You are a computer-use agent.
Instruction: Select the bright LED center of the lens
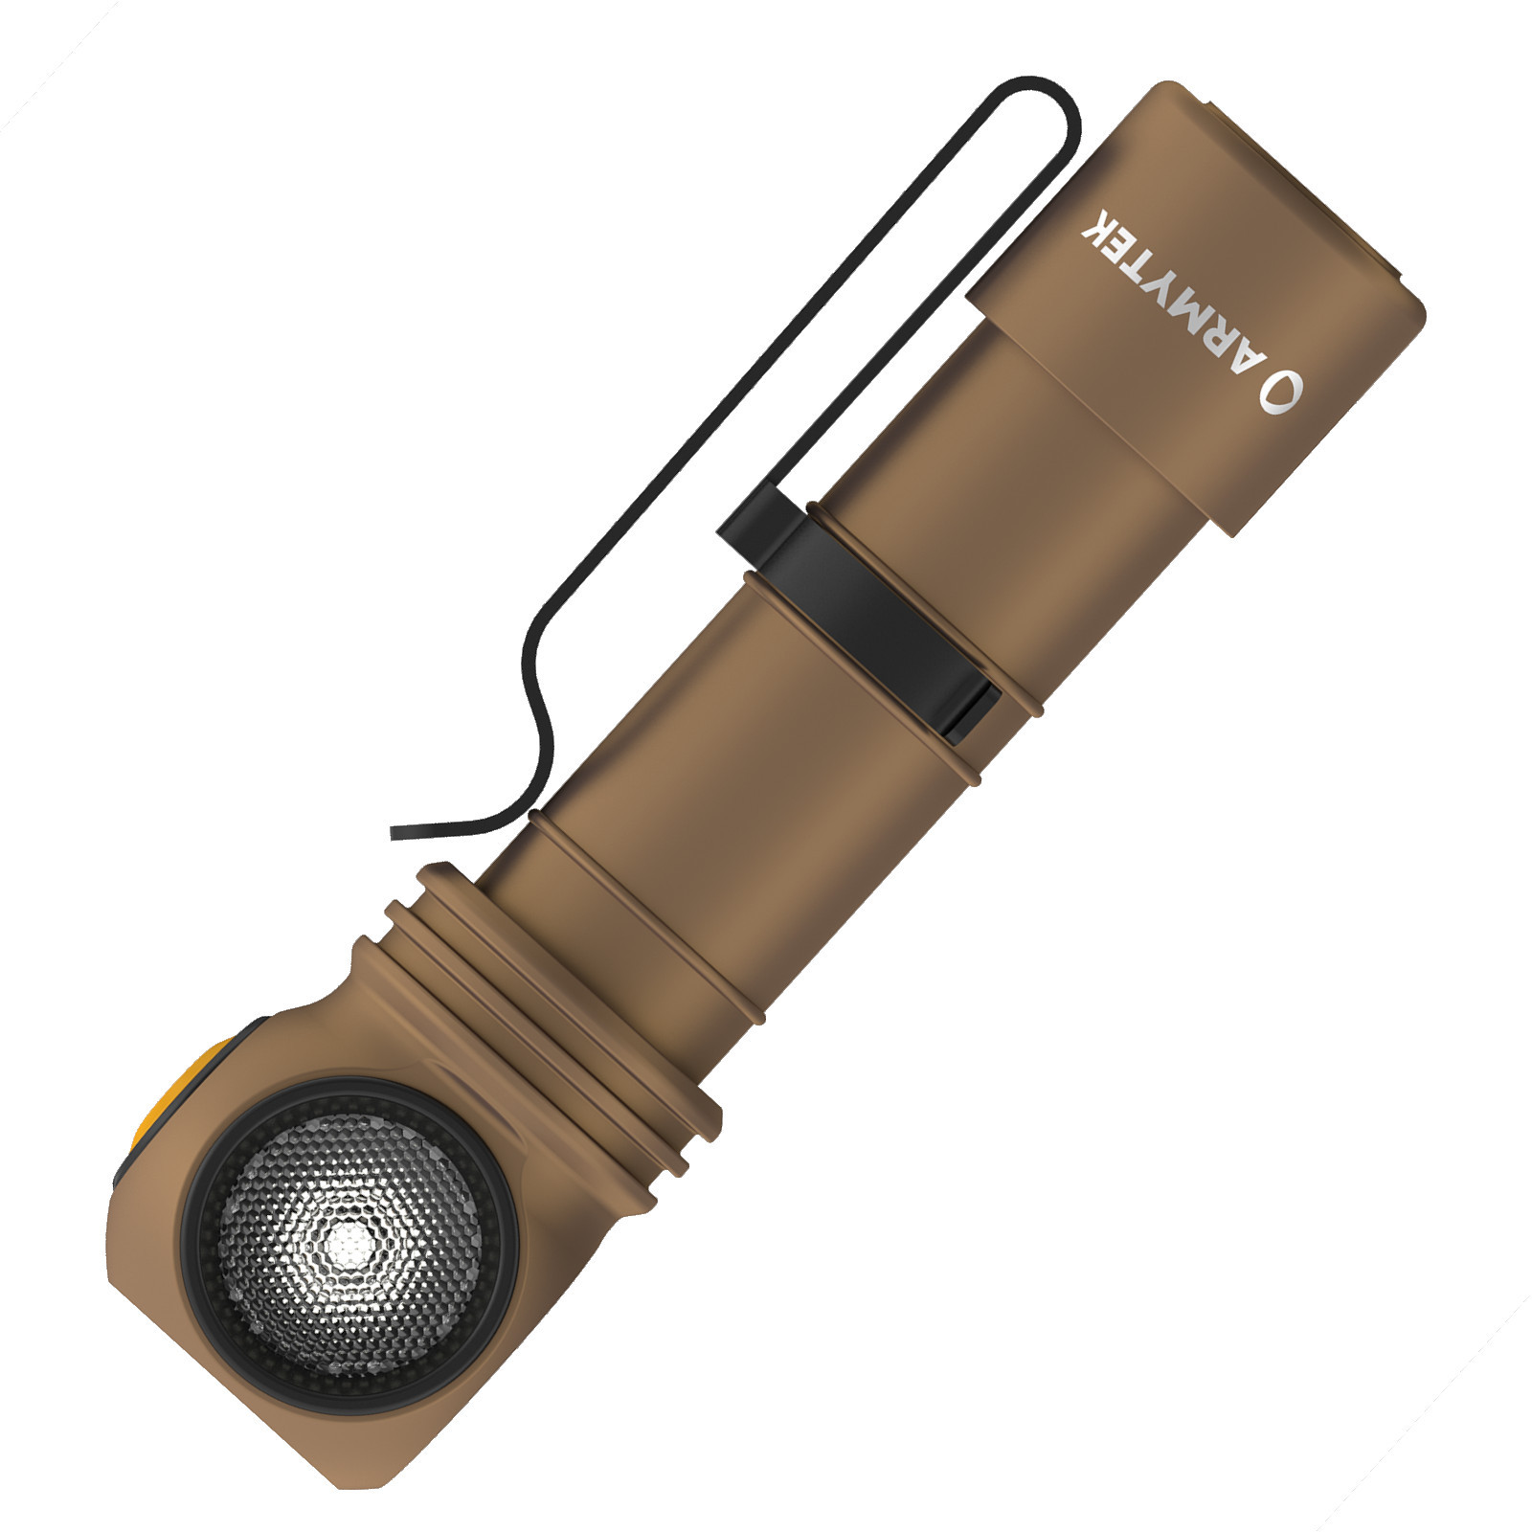tap(347, 1243)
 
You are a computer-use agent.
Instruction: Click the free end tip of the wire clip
tap(394, 832)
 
